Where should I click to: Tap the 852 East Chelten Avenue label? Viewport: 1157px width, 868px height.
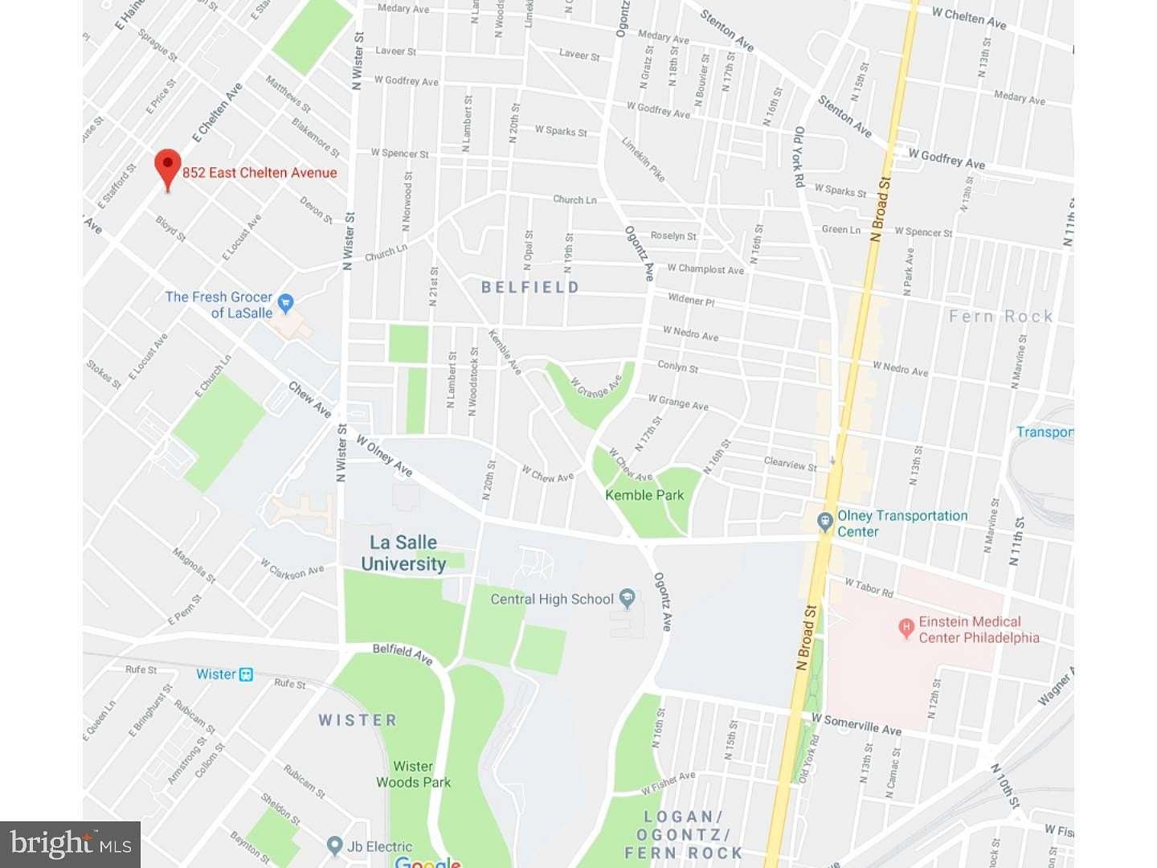point(260,173)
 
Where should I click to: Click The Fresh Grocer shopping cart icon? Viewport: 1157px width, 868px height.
point(285,304)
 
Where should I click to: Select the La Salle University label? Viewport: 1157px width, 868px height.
point(403,554)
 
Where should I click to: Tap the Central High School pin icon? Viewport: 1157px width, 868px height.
point(628,598)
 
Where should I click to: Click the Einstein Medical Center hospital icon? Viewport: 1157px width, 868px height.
point(906,628)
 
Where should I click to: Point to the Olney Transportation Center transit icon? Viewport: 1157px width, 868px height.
point(824,522)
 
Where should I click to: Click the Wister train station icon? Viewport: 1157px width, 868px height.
point(246,674)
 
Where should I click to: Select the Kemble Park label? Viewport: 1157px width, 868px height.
point(644,495)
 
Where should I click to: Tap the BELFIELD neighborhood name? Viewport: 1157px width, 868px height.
point(529,287)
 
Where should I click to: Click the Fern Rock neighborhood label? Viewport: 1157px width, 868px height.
point(1000,317)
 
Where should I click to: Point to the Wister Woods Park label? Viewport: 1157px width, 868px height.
point(413,774)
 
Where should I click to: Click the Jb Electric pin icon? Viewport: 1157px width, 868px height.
point(335,845)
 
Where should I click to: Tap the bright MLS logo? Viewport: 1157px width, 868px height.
point(71,844)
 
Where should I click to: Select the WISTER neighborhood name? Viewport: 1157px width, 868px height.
point(358,720)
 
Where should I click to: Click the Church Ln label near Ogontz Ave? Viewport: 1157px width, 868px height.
point(574,199)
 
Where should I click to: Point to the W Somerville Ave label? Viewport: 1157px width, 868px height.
point(857,724)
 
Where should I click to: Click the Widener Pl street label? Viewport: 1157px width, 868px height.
point(691,300)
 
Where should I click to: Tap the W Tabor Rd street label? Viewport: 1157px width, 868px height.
point(869,588)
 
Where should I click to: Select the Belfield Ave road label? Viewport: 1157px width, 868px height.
point(403,653)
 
